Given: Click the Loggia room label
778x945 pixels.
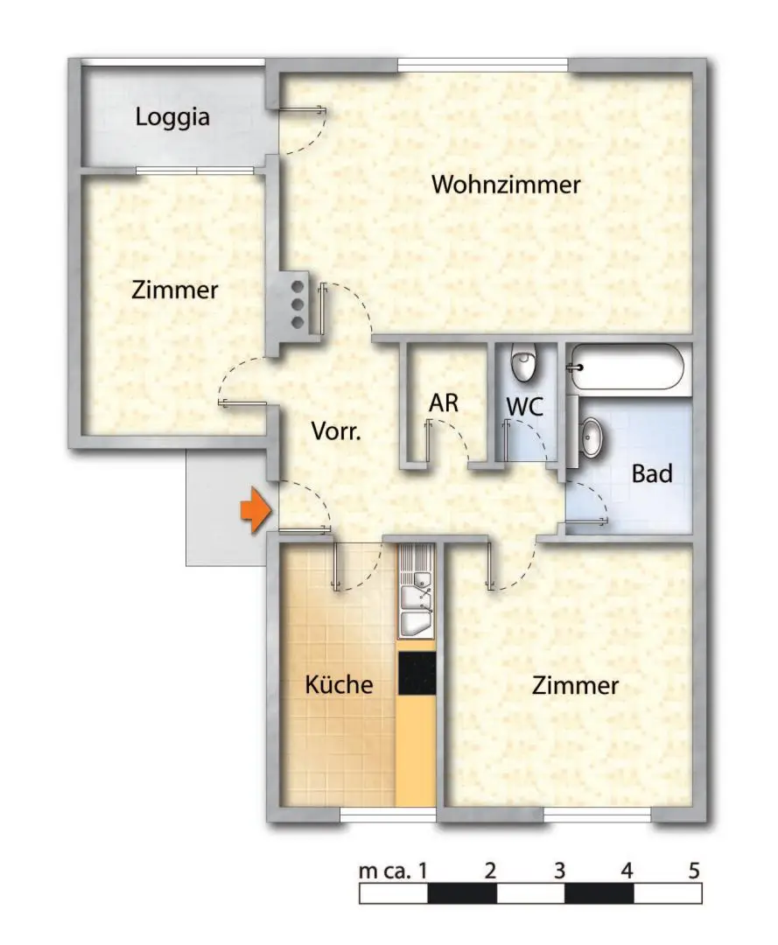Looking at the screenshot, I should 172,117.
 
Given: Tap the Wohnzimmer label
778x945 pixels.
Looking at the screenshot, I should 507,185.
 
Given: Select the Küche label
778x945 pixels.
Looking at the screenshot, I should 339,684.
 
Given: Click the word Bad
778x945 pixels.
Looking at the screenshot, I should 652,474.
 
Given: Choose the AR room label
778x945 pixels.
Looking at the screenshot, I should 444,403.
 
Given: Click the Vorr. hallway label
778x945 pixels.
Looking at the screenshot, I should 336,431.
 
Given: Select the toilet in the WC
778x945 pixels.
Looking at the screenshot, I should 523,362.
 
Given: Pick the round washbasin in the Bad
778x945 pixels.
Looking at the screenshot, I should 592,437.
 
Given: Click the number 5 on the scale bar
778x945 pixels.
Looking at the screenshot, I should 694,871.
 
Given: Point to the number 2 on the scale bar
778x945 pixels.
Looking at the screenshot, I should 490,871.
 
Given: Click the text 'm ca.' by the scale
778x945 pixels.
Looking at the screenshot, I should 385,871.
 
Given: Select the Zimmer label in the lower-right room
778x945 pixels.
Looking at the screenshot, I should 575,686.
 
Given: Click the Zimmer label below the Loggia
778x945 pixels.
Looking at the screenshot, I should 174,290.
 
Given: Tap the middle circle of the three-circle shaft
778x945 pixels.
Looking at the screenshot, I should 298,304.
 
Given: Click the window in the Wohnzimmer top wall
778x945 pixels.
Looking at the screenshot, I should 483,65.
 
